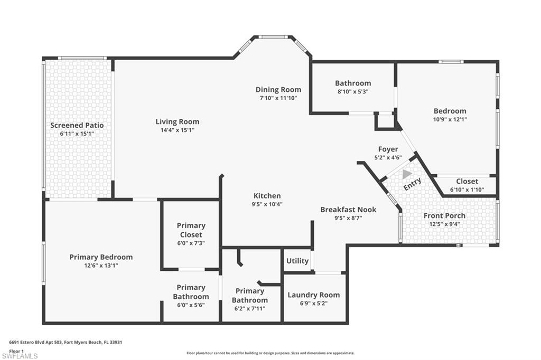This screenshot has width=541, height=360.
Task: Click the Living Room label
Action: tap(178, 121)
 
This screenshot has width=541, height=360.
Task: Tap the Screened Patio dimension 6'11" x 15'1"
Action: tap(77, 134)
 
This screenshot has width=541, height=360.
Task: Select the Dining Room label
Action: tap(278, 90)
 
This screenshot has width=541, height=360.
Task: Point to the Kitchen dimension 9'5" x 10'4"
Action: tap(267, 204)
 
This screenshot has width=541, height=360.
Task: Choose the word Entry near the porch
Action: tap(412, 184)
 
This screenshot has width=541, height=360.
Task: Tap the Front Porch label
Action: tap(444, 215)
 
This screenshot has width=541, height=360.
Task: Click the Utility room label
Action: tap(297, 261)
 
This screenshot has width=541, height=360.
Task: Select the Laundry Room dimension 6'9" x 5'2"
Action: tap(314, 304)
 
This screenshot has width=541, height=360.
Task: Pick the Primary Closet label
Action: tap(191, 230)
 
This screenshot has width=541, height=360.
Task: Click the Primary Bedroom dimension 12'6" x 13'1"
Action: tap(101, 266)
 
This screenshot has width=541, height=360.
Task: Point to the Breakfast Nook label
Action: tap(348, 210)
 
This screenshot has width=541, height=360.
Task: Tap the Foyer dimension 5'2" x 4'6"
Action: tap(388, 158)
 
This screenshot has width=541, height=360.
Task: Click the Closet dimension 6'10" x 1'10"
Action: tap(467, 190)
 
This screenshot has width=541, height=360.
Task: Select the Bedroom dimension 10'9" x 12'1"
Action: tap(450, 119)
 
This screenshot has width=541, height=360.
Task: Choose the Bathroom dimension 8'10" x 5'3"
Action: tap(353, 92)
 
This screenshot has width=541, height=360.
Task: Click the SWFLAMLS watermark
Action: tap(20, 356)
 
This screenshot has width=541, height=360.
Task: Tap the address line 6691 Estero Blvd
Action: tap(66, 343)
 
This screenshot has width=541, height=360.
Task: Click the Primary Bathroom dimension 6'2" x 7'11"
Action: tap(250, 309)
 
